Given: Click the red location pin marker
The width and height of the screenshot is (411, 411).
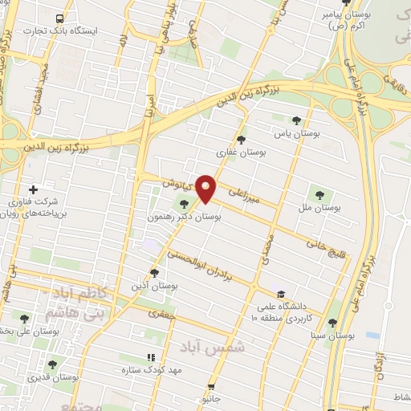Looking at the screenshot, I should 207,189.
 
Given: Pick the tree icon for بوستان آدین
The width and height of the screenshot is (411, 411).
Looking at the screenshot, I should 154,273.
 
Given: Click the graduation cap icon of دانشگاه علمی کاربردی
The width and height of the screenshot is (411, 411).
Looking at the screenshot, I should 280,294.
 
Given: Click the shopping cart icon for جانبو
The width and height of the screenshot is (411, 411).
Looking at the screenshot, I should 212,386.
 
